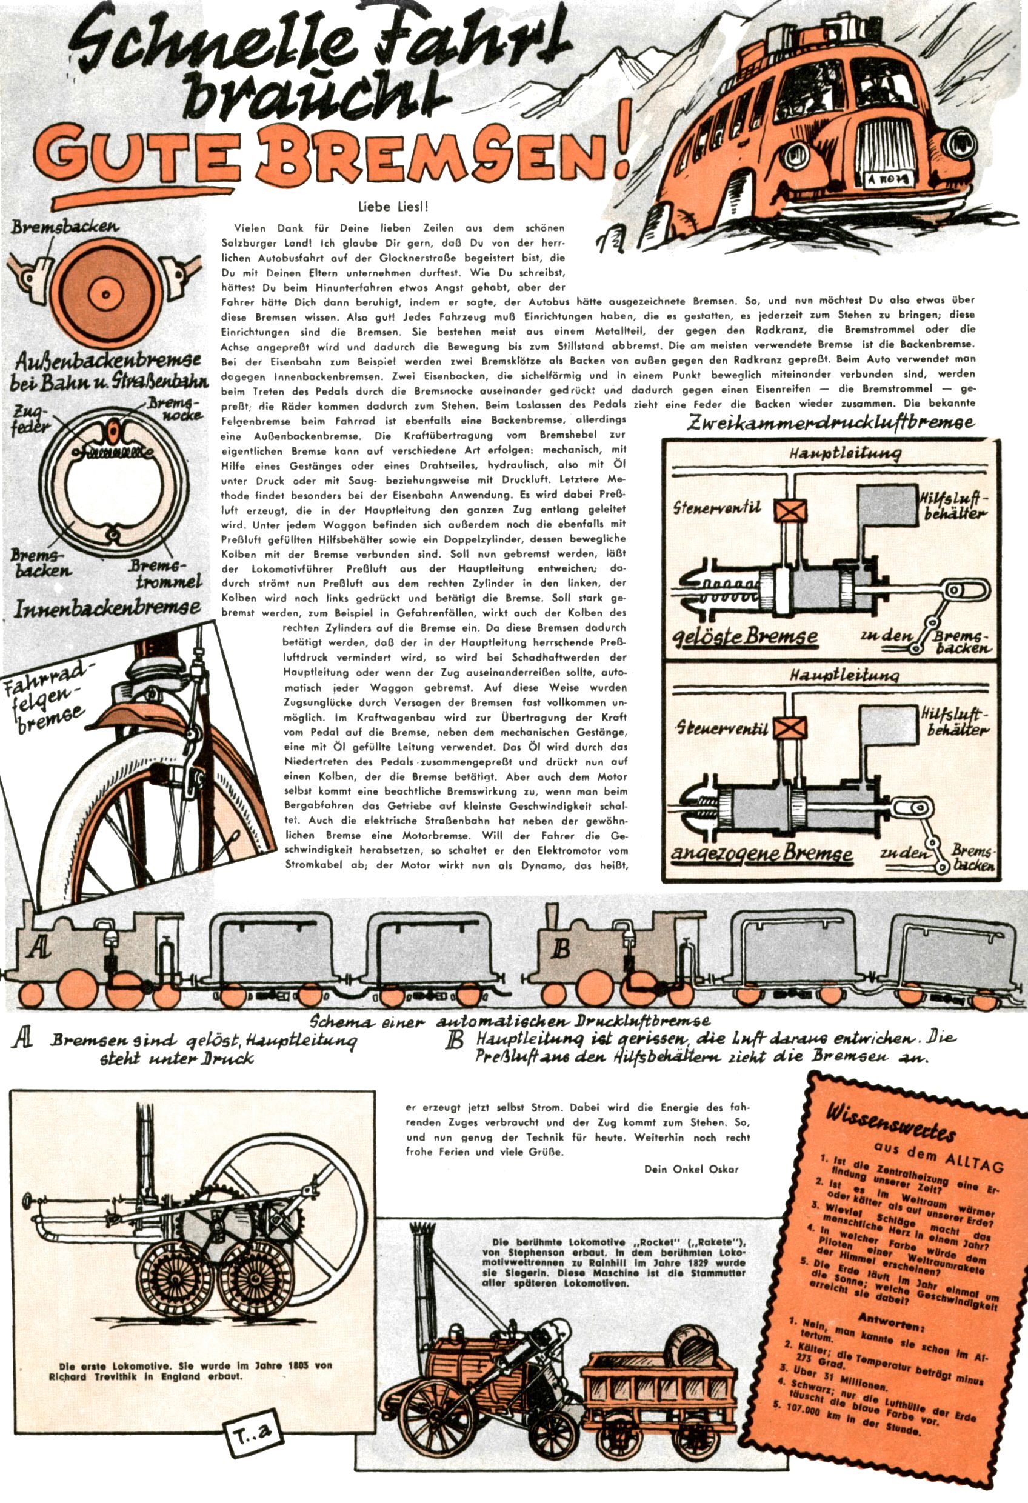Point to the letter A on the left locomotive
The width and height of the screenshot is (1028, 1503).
(39, 948)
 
